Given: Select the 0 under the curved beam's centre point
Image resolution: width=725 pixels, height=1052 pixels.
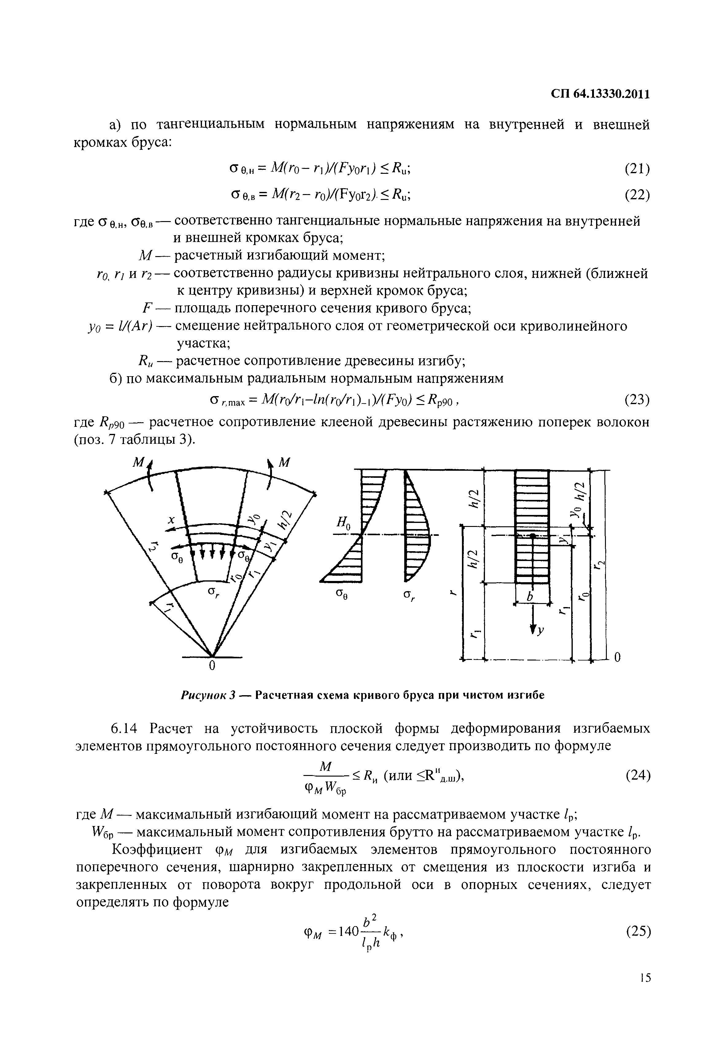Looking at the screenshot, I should pyautogui.click(x=211, y=666).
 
